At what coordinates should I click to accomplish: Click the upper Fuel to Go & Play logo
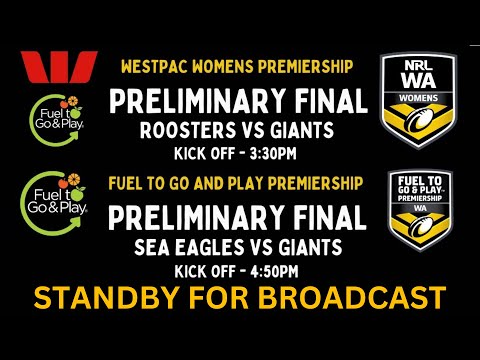click(x=56, y=119)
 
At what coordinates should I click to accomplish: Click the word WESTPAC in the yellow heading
click(x=153, y=67)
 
